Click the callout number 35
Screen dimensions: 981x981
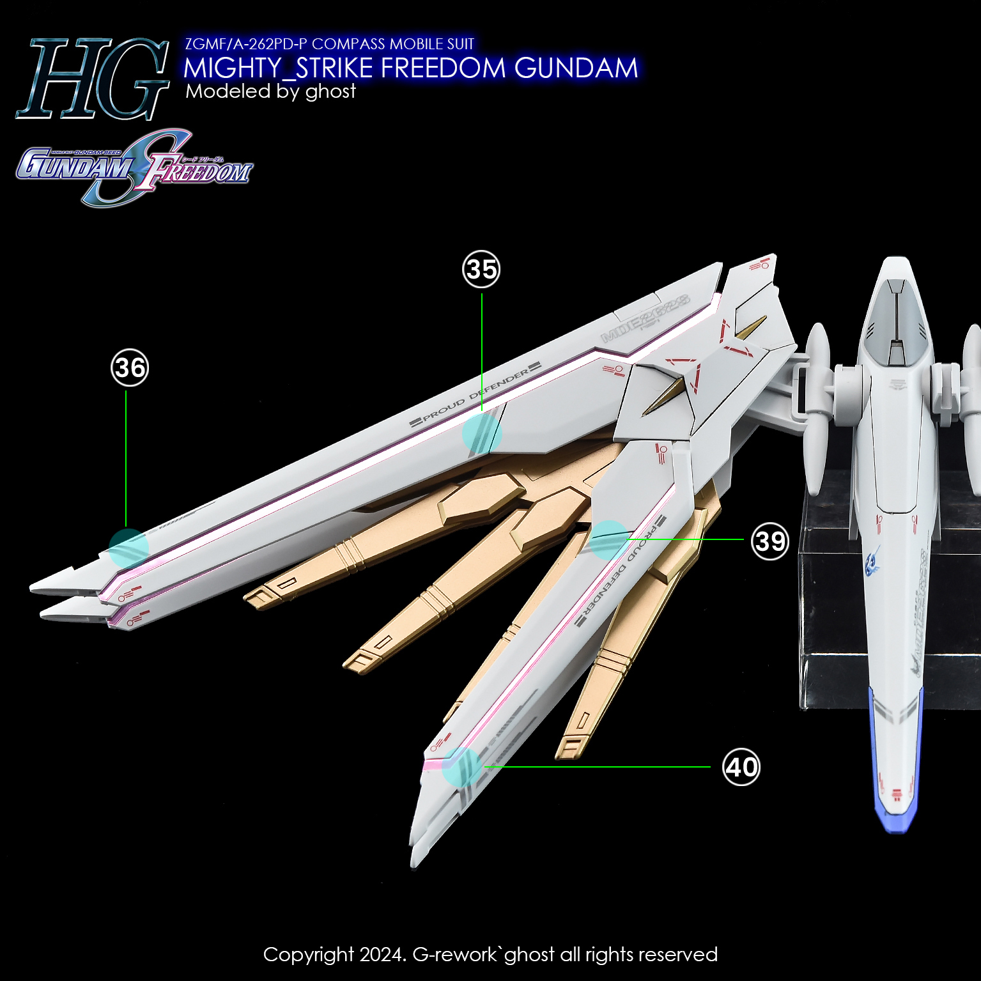click(x=481, y=269)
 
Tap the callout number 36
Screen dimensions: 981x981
click(x=130, y=367)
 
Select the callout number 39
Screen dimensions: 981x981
click(x=770, y=541)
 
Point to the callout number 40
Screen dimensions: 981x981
click(x=741, y=767)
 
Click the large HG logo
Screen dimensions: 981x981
click(x=93, y=79)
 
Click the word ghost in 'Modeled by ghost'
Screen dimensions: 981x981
click(x=330, y=91)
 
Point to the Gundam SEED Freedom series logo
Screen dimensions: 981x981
click(x=134, y=167)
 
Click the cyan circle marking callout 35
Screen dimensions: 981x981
click(x=482, y=434)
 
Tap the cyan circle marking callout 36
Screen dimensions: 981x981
click(x=128, y=548)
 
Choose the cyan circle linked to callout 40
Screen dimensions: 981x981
click(x=461, y=767)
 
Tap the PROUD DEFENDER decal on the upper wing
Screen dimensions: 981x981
click(x=475, y=395)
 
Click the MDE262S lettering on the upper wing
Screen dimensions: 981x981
click(x=645, y=318)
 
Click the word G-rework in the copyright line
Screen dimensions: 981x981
click(x=454, y=954)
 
